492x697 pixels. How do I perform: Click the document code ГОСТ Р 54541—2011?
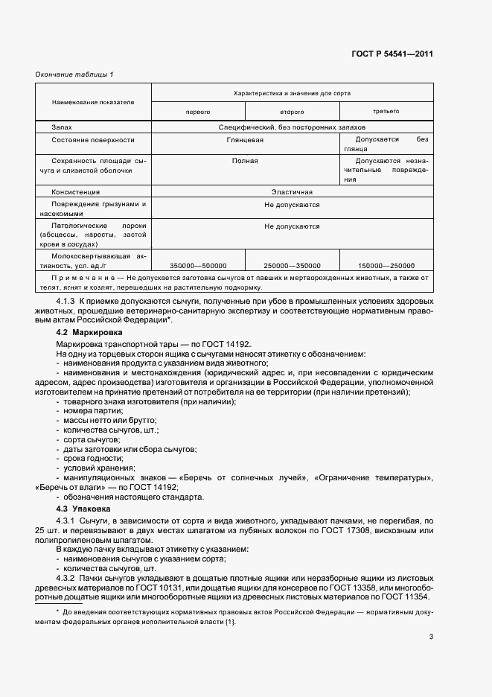(393, 54)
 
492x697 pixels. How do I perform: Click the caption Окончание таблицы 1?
(74, 74)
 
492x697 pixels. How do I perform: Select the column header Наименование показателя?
(93, 101)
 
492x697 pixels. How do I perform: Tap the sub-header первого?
(198, 112)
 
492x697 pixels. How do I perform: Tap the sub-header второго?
(292, 112)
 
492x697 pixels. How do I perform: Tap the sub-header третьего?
(386, 112)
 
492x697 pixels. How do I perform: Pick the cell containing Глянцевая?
(245, 139)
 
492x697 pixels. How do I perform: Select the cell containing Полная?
(245, 160)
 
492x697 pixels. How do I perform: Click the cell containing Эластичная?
(292, 191)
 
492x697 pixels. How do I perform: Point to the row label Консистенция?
(75, 191)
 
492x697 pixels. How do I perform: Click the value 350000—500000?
(198, 266)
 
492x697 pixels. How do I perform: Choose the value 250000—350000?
(292, 266)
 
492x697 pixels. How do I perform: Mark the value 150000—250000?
(386, 266)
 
